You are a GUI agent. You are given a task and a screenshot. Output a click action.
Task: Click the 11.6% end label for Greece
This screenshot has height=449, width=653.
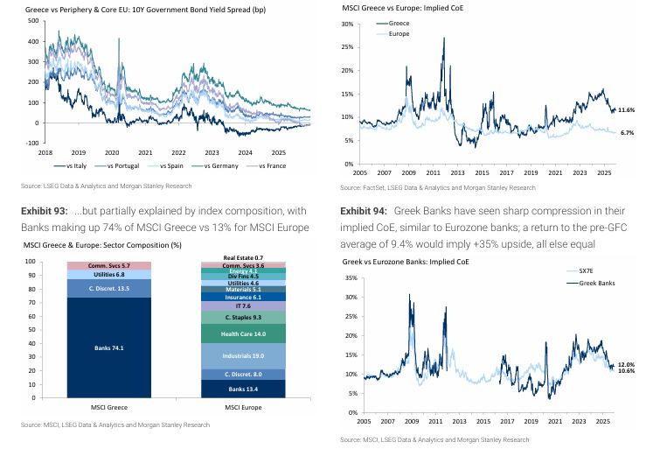click(626, 110)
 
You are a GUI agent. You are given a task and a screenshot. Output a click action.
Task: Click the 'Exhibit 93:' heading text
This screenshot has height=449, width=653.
click(41, 213)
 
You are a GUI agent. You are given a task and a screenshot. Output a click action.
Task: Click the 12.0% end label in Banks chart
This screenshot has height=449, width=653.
click(626, 364)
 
